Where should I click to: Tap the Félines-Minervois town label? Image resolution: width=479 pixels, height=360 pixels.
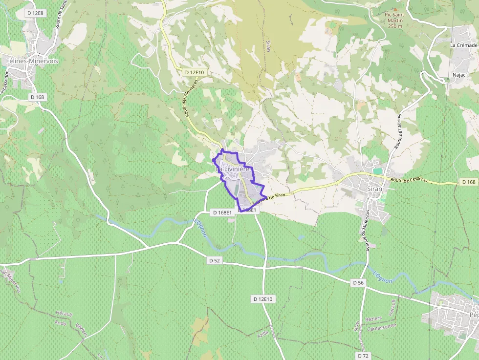(x=32, y=61)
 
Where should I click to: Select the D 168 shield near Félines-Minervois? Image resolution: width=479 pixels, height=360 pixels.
(x=37, y=97)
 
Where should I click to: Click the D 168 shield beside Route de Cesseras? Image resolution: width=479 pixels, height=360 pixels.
(x=468, y=182)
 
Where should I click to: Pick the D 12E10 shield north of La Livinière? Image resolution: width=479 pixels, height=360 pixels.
(x=195, y=72)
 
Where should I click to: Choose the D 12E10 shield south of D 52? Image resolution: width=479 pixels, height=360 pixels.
(x=263, y=298)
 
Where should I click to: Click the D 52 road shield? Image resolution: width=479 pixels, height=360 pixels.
(x=215, y=260)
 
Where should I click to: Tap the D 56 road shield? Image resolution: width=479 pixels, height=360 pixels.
(x=358, y=283)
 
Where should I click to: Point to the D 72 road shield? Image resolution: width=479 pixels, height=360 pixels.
(x=362, y=355)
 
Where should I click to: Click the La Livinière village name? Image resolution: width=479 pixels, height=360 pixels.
(x=233, y=169)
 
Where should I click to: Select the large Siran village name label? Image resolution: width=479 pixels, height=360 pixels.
(x=375, y=189)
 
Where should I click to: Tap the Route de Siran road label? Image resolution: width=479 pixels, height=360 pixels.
(x=270, y=197)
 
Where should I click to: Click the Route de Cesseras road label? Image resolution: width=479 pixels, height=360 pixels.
(x=409, y=179)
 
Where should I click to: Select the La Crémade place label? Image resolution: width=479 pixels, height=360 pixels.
(x=463, y=45)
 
